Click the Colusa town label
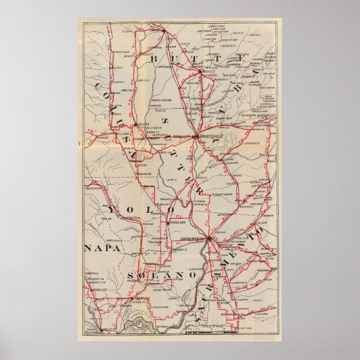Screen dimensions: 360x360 [x=144, y=125]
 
